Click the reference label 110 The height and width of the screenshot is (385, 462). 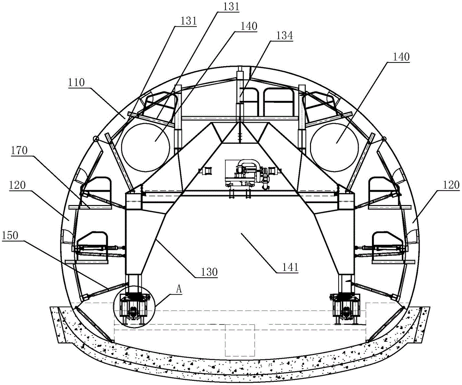77,83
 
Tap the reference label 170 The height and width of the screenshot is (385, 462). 19,151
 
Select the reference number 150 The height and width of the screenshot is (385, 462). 10,236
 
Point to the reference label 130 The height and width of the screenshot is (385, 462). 209,272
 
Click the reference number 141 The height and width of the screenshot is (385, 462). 290,267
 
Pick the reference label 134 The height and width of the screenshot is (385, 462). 285,36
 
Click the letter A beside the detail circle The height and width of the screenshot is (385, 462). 179,289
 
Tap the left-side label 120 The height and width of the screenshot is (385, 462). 18,186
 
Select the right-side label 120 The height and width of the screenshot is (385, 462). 451,185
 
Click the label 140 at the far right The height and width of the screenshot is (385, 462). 401,57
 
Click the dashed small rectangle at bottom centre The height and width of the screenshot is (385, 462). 240,341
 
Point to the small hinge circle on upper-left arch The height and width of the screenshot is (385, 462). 96,139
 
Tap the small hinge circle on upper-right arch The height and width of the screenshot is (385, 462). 383,139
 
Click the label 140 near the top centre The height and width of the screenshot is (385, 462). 249,26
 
